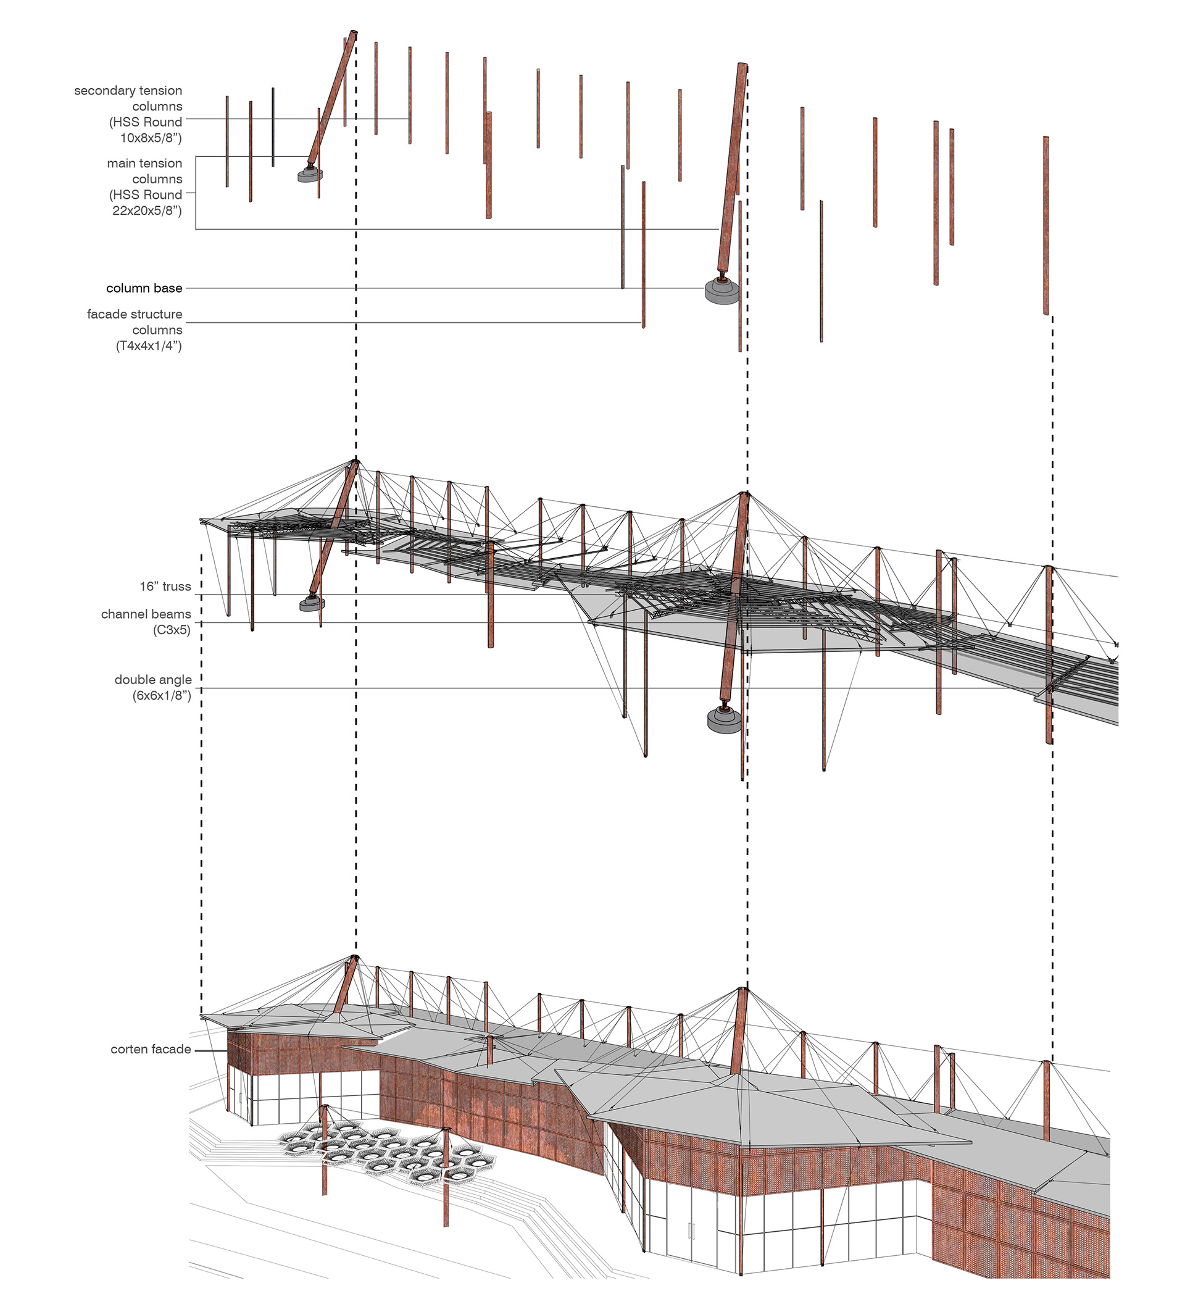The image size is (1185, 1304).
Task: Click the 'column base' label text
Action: click(144, 288)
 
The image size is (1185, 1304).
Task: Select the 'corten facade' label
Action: click(151, 1049)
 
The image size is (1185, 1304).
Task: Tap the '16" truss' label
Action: click(165, 587)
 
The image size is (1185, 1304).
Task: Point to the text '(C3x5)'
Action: click(172, 630)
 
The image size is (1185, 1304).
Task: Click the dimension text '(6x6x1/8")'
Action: click(162, 696)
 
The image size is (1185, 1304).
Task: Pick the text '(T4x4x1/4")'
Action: click(149, 346)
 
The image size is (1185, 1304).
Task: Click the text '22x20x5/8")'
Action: click(148, 210)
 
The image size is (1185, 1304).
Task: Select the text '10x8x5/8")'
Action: click(151, 138)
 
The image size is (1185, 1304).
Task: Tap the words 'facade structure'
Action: click(135, 314)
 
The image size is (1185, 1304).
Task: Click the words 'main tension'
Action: click(145, 164)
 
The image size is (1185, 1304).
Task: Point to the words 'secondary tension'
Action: click(128, 91)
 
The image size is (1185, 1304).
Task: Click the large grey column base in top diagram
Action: click(722, 291)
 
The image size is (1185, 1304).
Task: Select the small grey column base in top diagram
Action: click(310, 175)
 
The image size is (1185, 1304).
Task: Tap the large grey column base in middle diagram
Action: click(724, 719)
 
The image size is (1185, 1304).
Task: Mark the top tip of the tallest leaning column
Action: click(353, 32)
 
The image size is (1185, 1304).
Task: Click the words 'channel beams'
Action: click(146, 614)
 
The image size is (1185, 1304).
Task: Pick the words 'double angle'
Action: click(153, 680)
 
